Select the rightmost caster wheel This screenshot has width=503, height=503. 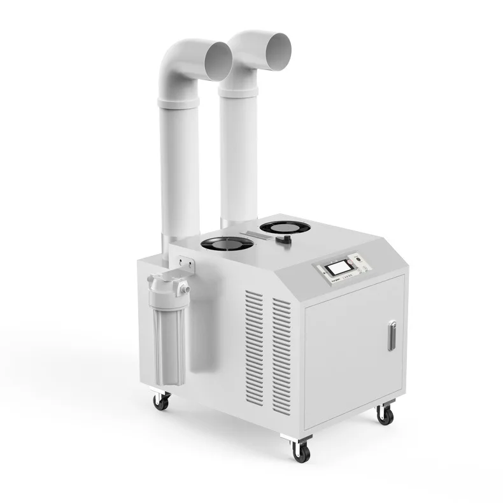pyautogui.click(x=385, y=414)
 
